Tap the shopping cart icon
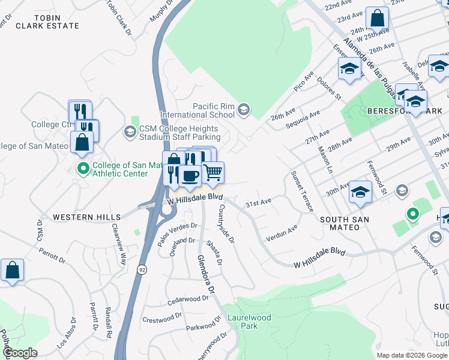[x=213, y=173]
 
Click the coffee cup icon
[x=190, y=176]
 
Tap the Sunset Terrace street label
[x=301, y=191]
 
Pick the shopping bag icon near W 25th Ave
[x=378, y=18]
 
